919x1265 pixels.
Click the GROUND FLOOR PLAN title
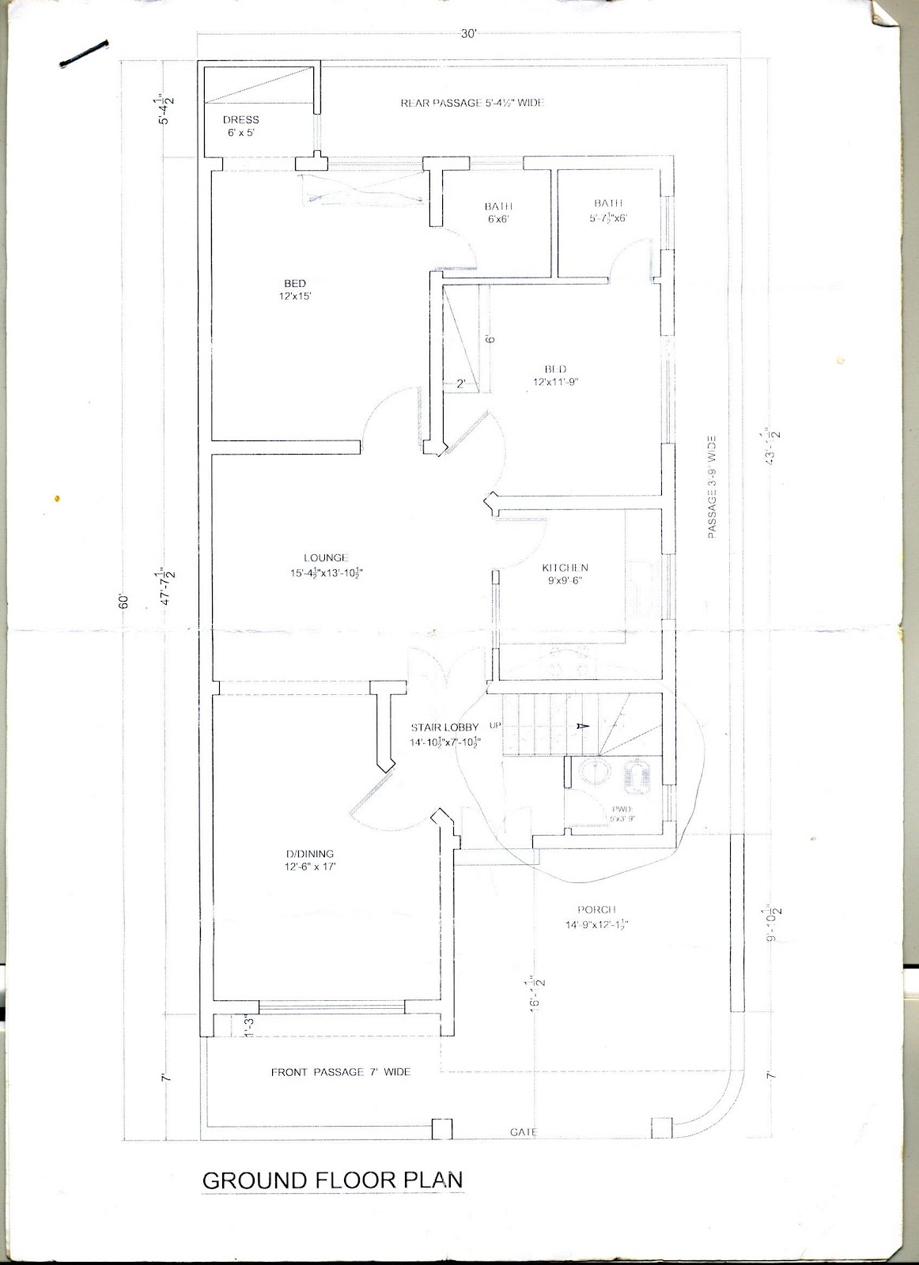332,1180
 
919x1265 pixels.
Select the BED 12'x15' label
295,289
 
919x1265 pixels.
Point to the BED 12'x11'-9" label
555,376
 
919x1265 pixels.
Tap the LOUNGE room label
325,565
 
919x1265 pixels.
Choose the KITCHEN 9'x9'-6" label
565,574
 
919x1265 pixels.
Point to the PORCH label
596,916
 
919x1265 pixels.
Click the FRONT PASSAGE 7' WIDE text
340,1072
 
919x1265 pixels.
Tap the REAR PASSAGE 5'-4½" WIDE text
471,103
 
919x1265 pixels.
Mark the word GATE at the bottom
523,1132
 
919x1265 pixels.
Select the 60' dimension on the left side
123,602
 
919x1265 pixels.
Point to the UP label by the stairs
496,724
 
